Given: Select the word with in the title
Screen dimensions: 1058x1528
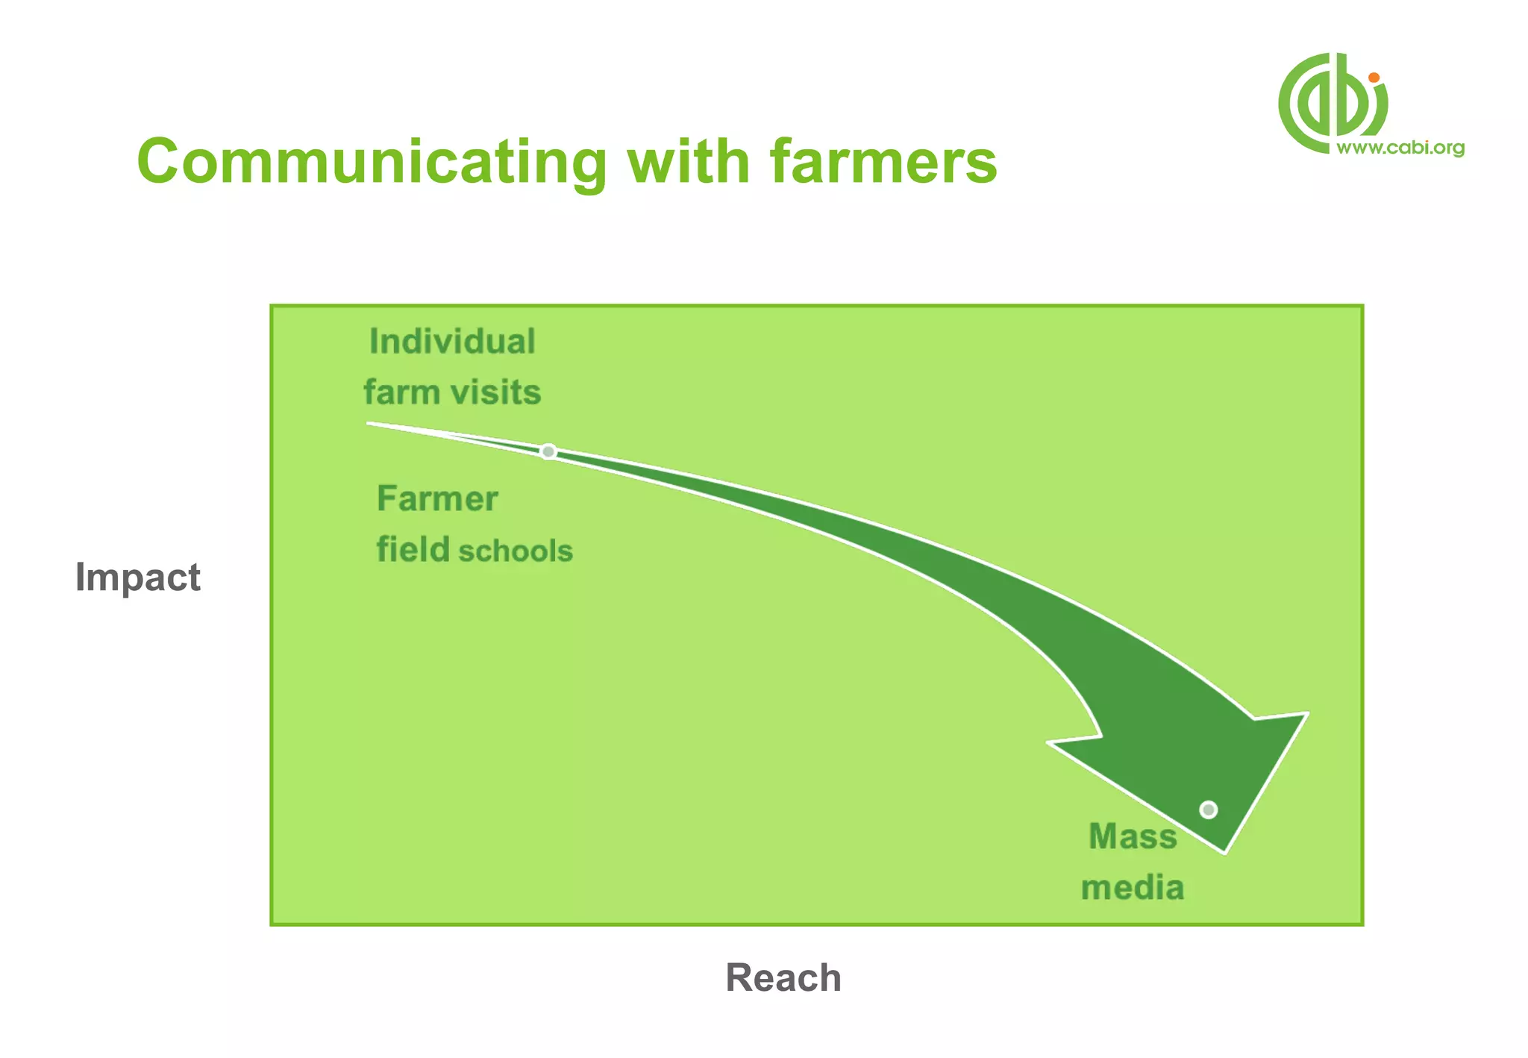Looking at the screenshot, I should [x=688, y=163].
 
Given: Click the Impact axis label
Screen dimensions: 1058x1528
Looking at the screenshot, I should [x=138, y=577].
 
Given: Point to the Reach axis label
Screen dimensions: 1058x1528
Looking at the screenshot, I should [x=783, y=978].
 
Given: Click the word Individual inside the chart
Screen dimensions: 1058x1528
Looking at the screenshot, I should [x=452, y=342].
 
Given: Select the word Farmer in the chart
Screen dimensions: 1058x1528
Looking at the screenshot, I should [x=437, y=498].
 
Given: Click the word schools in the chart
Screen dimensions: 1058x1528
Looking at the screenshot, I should [x=515, y=551].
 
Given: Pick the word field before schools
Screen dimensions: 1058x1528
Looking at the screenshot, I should [x=413, y=550].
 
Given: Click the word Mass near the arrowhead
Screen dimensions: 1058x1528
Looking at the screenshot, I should [x=1132, y=836].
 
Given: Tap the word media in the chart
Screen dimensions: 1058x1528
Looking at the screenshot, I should [x=1132, y=888].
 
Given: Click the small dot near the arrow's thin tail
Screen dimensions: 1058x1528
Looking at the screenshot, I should [x=548, y=451].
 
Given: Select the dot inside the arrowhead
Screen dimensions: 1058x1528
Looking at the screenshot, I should [x=1209, y=810].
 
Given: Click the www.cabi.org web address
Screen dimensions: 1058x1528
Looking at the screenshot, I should [x=1400, y=148].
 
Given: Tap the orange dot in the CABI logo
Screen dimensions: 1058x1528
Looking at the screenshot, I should [x=1374, y=78].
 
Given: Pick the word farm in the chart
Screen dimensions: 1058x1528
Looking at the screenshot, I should [x=401, y=392].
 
